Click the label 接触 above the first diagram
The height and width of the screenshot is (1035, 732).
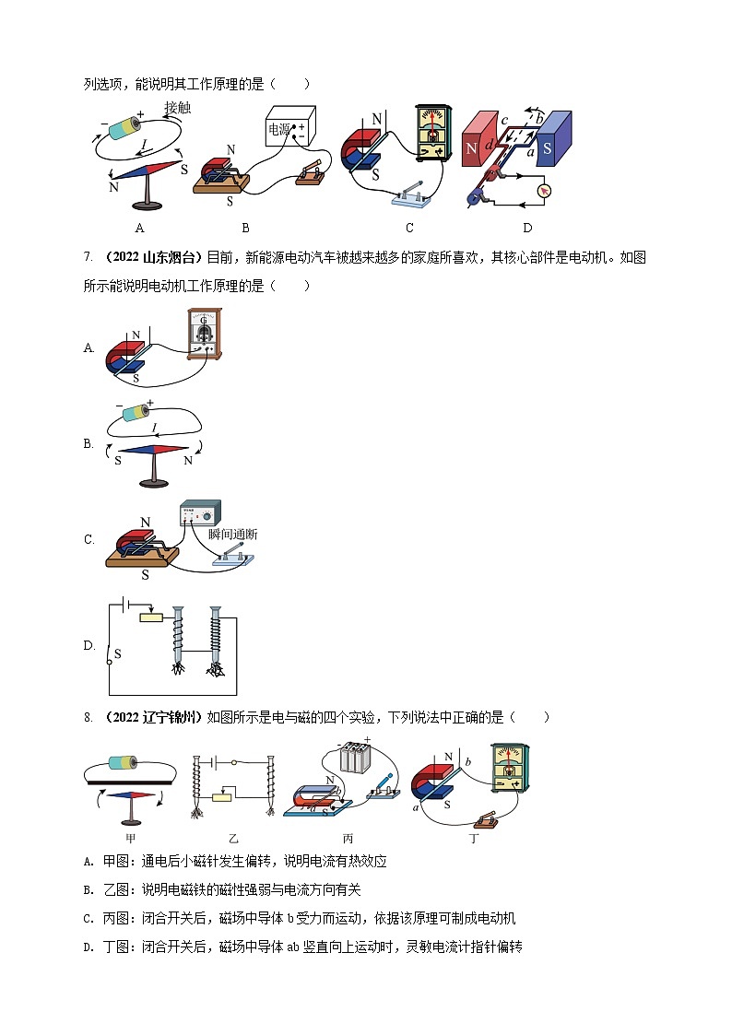click(178, 108)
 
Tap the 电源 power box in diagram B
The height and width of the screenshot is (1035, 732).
click(290, 128)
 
